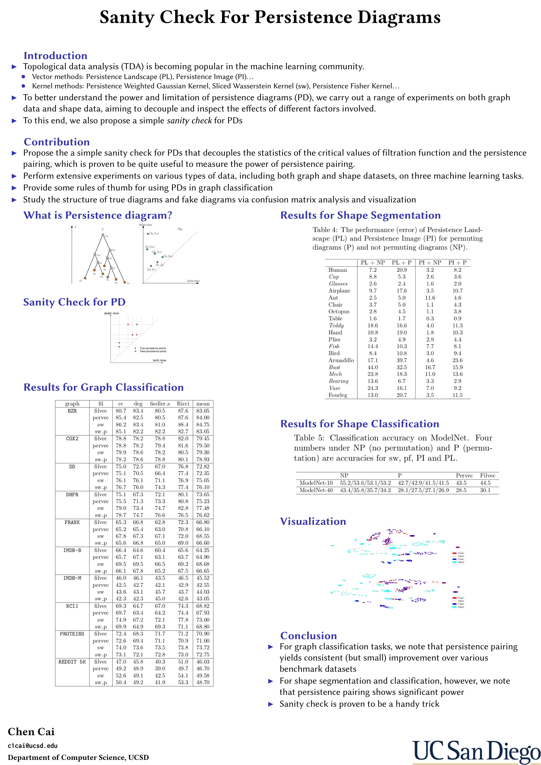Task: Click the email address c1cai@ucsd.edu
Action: tap(33, 746)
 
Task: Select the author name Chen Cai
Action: tap(31, 732)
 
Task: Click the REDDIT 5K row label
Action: tap(72, 662)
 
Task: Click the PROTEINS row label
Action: tap(72, 634)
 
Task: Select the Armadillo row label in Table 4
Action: tap(341, 360)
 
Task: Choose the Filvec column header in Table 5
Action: tap(487, 475)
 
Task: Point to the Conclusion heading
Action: tap(308, 636)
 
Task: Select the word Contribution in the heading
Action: tap(57, 142)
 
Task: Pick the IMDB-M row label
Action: tap(72, 578)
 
